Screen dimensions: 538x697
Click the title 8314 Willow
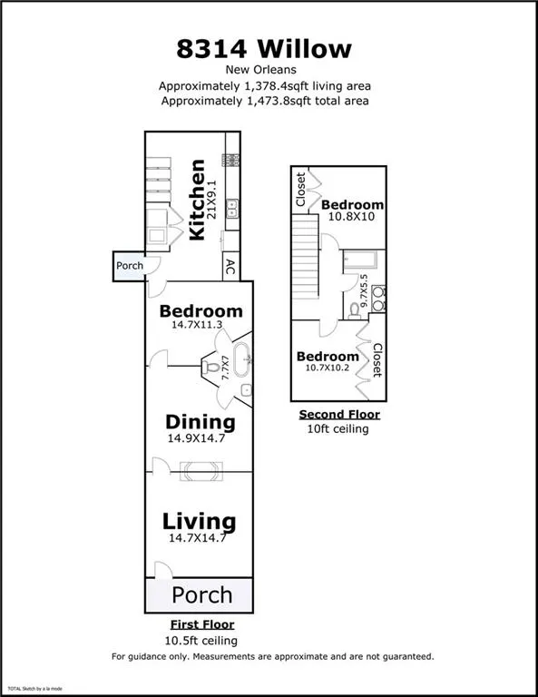pos(264,48)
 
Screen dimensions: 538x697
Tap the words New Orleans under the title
pos(260,70)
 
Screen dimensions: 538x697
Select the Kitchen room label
pos(197,200)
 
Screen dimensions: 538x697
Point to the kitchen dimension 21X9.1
pos(211,200)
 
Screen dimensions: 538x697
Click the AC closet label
pos(230,267)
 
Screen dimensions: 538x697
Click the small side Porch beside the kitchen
pos(129,266)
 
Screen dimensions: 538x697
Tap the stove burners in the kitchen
pos(230,160)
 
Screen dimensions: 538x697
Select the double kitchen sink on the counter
pos(232,209)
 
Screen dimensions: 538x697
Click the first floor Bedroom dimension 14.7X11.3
pos(197,325)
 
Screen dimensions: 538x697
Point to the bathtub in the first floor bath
pos(242,358)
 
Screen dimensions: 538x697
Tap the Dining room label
pos(201,422)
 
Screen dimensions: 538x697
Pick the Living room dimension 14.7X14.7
pos(197,538)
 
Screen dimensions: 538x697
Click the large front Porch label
pos(202,595)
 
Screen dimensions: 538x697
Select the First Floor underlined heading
pos(202,624)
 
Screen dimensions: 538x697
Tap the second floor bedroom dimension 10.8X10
pos(351,217)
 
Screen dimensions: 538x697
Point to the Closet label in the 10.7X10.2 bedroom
pos(377,360)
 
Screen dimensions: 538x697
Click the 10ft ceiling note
pos(337,429)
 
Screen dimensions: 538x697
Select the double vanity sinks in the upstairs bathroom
pos(378,299)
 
